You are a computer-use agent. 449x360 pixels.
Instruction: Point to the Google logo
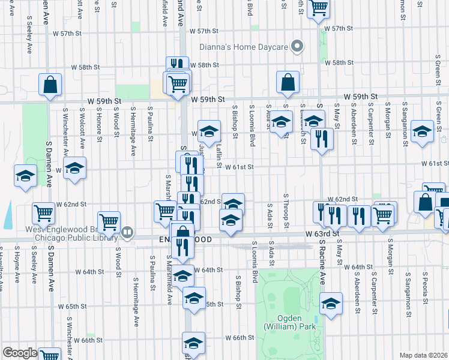pyautogui.click(x=19, y=353)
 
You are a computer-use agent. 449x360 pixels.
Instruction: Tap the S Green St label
pyautogui.click(x=439, y=115)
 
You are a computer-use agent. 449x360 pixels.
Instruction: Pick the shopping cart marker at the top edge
pyautogui.click(x=318, y=8)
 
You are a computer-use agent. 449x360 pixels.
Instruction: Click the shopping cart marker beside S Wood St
pyautogui.click(x=109, y=221)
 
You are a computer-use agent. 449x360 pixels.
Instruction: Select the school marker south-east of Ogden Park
pyautogui.click(x=330, y=303)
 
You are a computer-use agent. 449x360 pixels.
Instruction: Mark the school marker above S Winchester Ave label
pyautogui.click(x=74, y=167)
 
